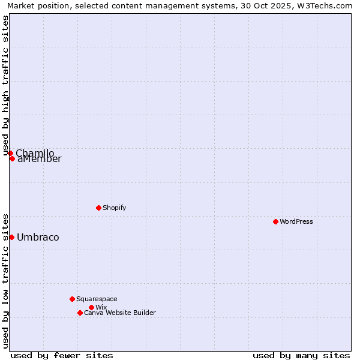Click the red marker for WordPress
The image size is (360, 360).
[x=275, y=221]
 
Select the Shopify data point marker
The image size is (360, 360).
[x=98, y=208]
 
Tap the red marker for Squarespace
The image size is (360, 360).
[x=72, y=299]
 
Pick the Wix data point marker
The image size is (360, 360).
[x=91, y=307]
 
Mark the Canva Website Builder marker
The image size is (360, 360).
[x=80, y=313]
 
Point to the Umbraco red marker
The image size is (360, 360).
[x=11, y=237]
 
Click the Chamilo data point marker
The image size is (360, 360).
[x=10, y=153]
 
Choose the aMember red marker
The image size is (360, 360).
[x=12, y=158]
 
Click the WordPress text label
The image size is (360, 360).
[x=296, y=221]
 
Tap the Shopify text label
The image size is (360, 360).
[x=114, y=208]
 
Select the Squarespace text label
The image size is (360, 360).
[x=97, y=299]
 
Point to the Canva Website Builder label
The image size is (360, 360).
[x=119, y=313]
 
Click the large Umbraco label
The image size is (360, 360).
[x=38, y=237]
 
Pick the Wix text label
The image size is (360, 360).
[x=101, y=307]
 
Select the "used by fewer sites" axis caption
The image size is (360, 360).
[x=62, y=355]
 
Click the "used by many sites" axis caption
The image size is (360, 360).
[x=301, y=355]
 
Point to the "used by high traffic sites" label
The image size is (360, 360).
[x=6, y=85]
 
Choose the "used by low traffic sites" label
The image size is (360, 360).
[x=6, y=280]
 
